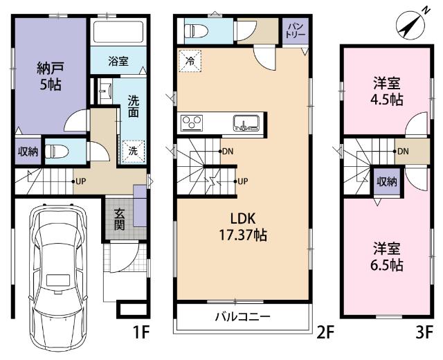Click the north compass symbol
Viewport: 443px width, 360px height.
(410, 27)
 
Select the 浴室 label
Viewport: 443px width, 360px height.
(118, 62)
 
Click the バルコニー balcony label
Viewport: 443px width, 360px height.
(241, 317)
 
